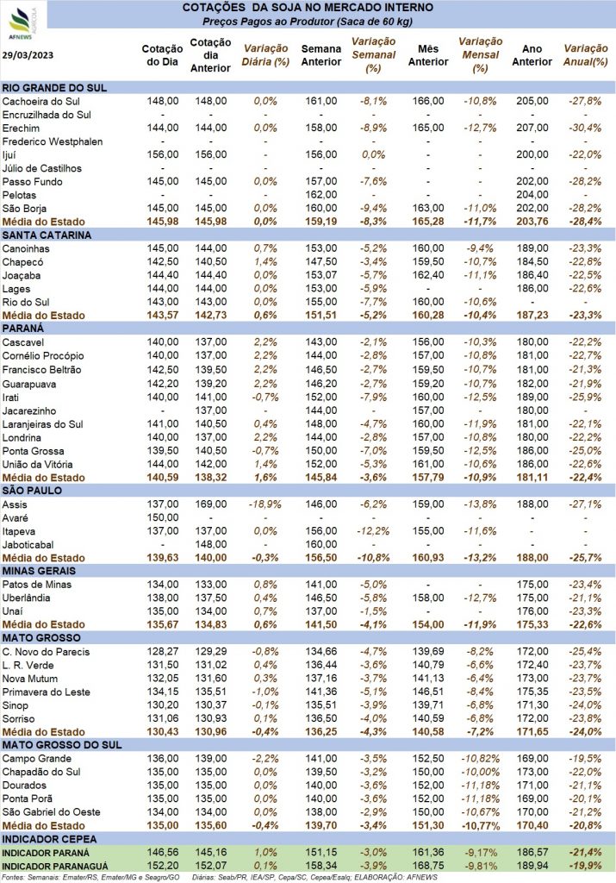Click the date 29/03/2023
[28, 55]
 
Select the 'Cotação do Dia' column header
[162, 55]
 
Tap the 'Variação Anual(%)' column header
[586, 55]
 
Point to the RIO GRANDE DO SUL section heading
[54, 88]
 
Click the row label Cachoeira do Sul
[41, 102]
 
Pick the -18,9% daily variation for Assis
[265, 504]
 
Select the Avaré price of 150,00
[163, 517]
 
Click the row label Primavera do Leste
[47, 692]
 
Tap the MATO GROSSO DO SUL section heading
[62, 745]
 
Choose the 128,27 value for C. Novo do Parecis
[163, 652]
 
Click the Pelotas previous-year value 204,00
[532, 195]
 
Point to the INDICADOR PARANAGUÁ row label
[55, 867]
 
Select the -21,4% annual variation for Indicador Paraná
[585, 853]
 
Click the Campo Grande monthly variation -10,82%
[481, 759]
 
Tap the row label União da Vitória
[37, 465]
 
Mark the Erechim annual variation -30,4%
[585, 128]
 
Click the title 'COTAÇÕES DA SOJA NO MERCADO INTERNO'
[308, 8]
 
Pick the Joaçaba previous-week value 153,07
[321, 275]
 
